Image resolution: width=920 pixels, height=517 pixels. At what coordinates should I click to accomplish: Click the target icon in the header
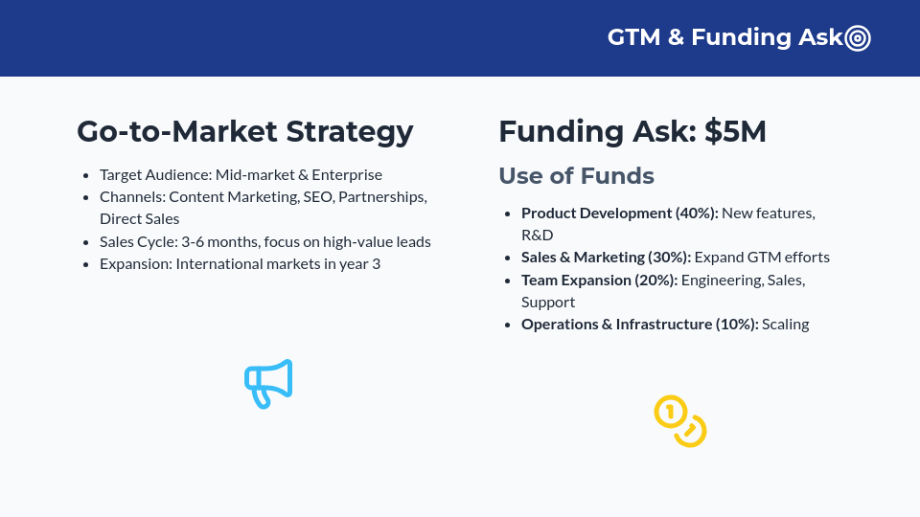tap(858, 38)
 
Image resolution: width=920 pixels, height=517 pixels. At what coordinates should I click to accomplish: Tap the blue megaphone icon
tap(268, 383)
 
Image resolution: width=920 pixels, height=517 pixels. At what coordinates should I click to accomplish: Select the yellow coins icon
tap(680, 421)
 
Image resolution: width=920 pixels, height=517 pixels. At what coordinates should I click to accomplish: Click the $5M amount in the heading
tap(735, 131)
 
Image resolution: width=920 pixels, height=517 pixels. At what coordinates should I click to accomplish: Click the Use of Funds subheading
tap(576, 176)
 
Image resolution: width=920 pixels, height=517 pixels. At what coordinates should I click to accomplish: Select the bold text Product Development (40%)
tap(619, 213)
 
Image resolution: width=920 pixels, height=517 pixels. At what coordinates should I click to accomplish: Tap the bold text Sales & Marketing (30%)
tap(606, 257)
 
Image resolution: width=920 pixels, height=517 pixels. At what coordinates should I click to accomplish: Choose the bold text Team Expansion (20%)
tap(599, 280)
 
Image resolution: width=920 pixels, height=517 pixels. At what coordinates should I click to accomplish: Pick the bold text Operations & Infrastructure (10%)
tap(639, 324)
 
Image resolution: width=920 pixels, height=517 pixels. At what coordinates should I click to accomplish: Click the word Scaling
tap(786, 324)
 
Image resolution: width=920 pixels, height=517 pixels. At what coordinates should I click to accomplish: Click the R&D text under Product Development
tap(538, 235)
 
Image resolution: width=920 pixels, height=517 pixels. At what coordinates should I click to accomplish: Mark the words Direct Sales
tap(140, 218)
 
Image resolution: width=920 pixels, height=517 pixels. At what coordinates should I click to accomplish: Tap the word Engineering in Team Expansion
tap(724, 280)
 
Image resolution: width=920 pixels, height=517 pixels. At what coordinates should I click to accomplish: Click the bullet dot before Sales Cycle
tap(86, 242)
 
